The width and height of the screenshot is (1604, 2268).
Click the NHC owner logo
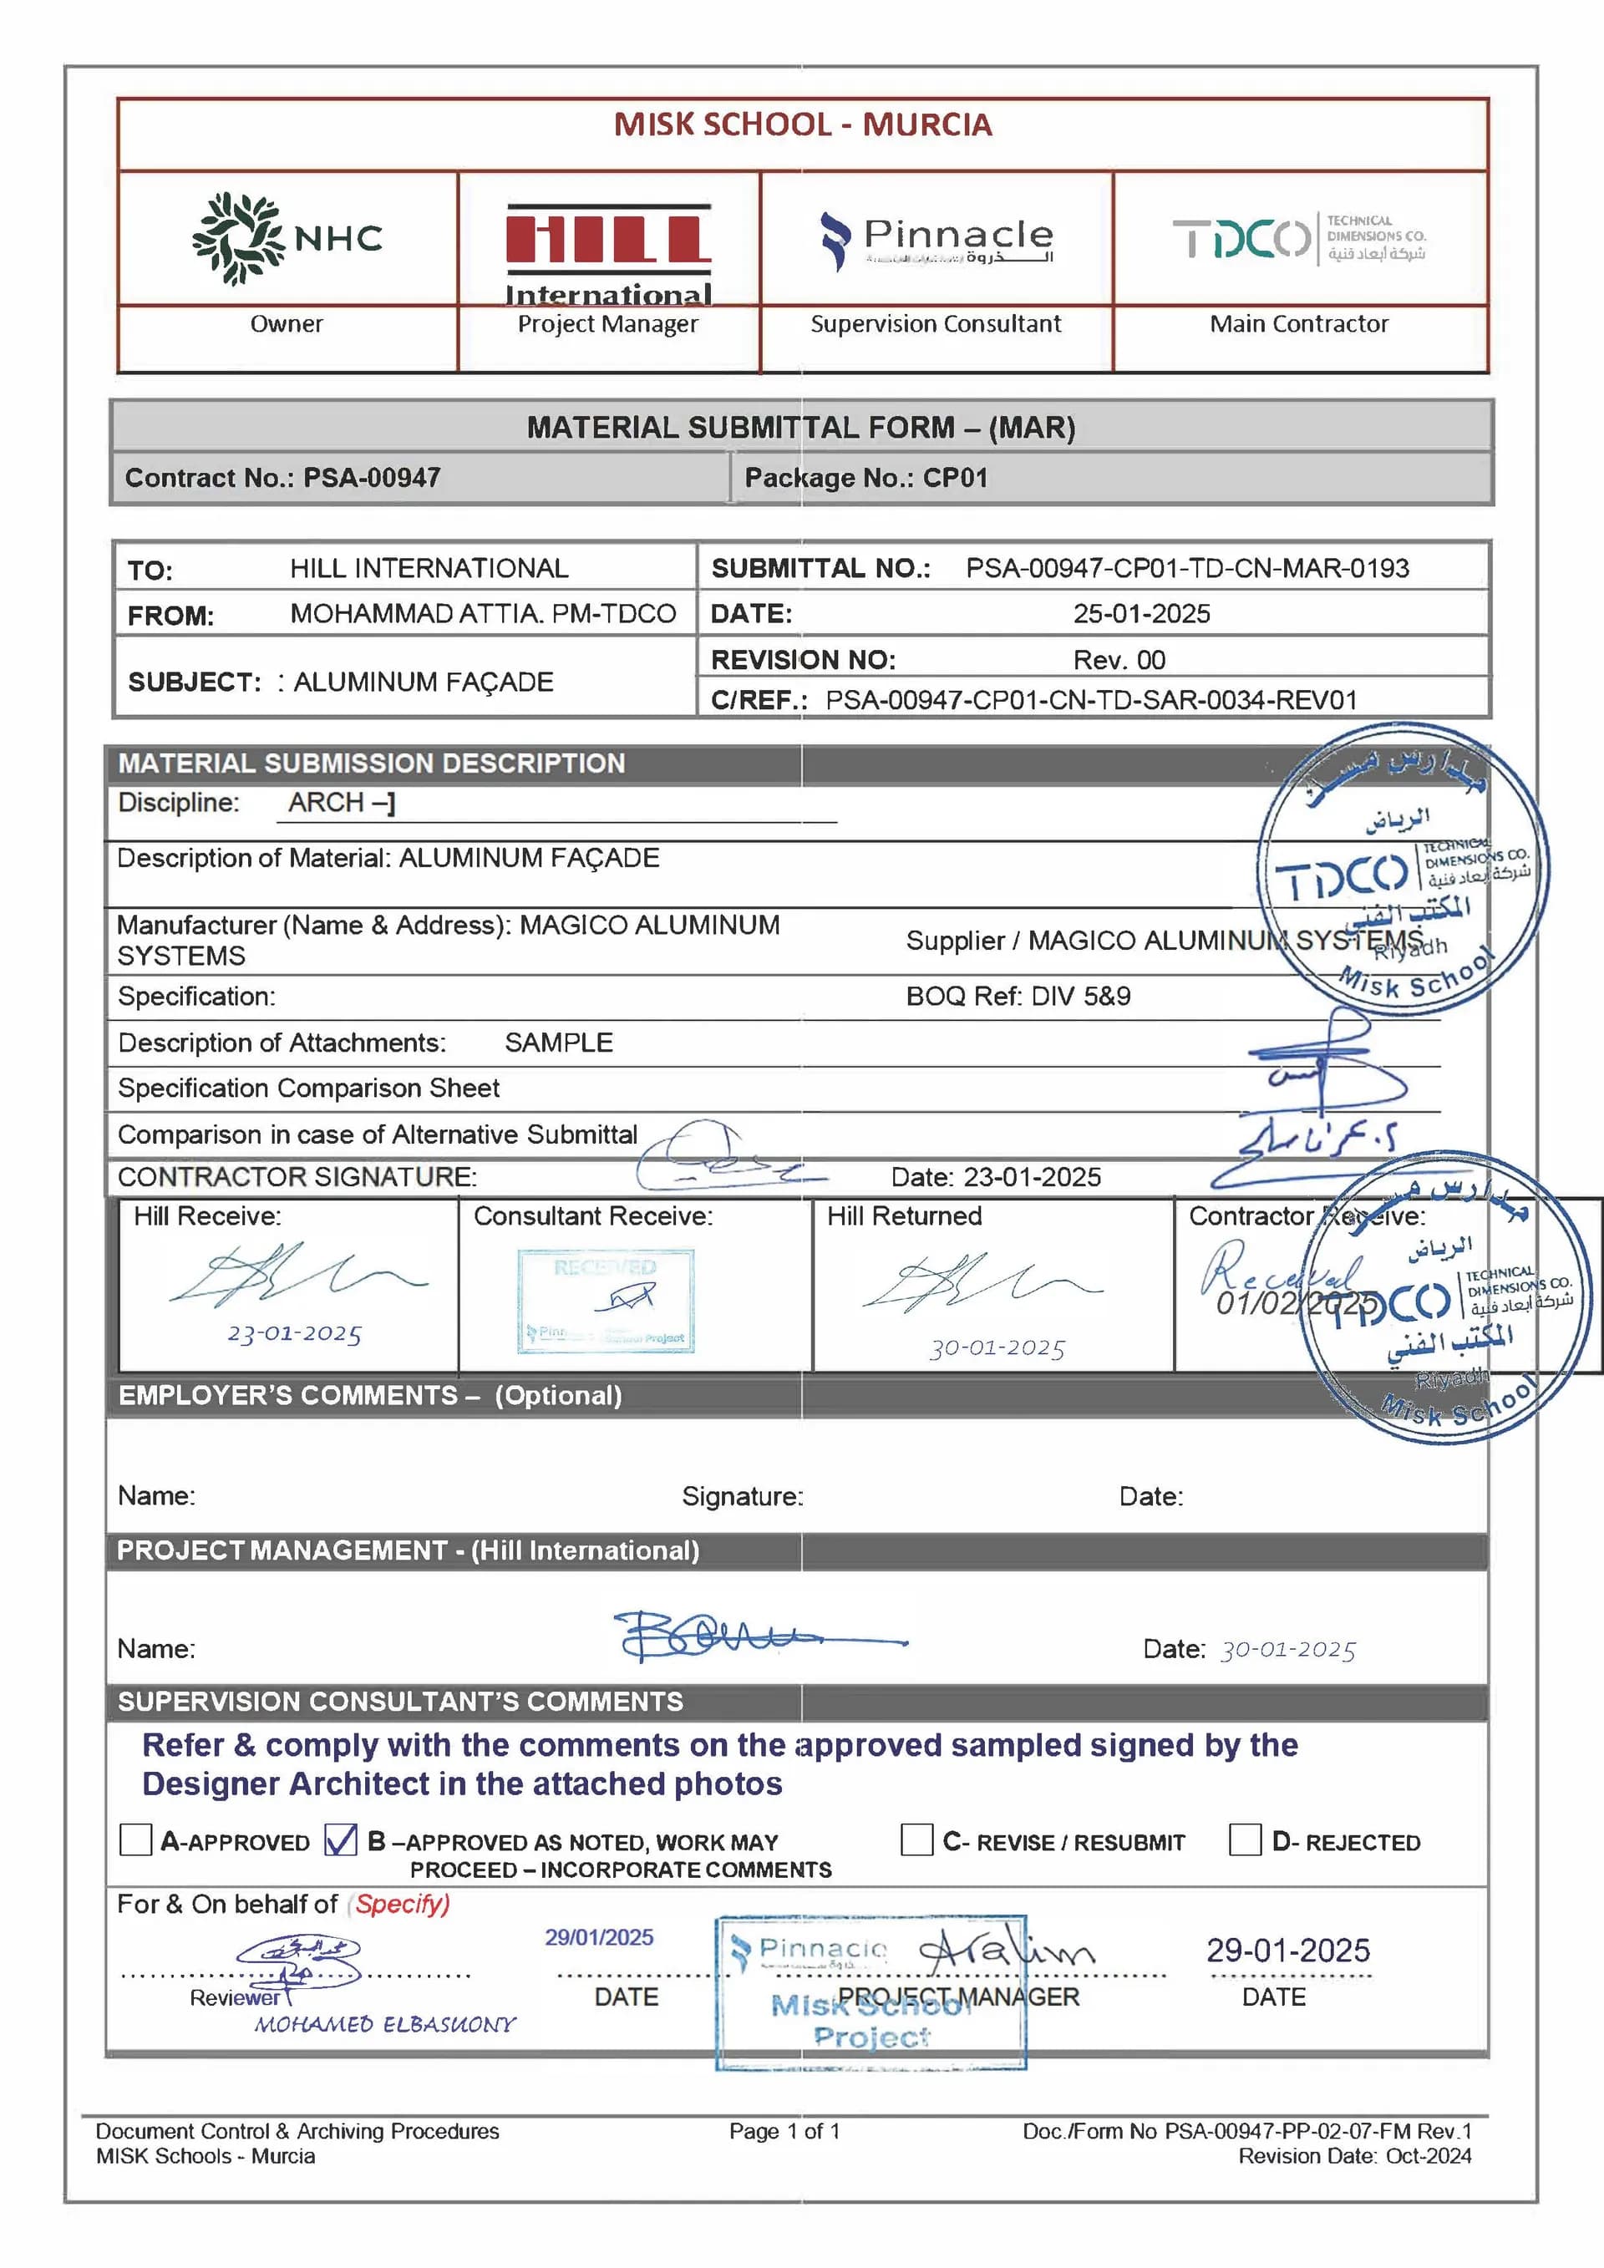tap(287, 238)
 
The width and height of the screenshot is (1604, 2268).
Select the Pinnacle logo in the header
tap(937, 240)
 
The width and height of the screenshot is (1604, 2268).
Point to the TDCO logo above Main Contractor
tap(1299, 238)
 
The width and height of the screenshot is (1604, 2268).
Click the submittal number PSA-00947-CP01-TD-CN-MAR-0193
tap(1187, 568)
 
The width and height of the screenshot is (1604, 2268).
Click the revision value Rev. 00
tap(1119, 660)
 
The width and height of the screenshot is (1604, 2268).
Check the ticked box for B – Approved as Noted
tap(341, 1839)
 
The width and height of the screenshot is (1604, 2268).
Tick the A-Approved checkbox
tap(135, 1839)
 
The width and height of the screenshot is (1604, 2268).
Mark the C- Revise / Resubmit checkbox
tap(916, 1839)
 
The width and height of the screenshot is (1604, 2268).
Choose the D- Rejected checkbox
tap(1245, 1839)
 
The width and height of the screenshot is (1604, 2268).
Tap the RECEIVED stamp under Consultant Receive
tap(606, 1299)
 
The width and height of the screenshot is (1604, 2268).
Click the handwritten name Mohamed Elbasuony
tap(385, 2024)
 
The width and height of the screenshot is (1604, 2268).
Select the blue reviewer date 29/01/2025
tap(600, 1937)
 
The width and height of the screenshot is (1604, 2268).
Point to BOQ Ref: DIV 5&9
tap(1018, 996)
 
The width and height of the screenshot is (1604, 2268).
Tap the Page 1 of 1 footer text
tap(784, 2131)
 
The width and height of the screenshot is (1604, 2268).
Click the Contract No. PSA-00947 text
tap(282, 478)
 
